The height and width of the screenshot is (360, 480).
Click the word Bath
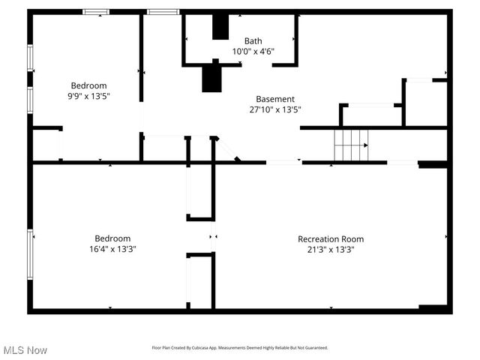(253, 41)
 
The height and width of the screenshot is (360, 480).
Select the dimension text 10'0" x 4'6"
(253, 52)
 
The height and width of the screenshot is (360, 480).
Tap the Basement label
(275, 99)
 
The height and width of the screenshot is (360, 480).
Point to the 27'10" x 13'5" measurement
(275, 109)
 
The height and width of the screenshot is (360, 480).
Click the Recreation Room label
(331, 239)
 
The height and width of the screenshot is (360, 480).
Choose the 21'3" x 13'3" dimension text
(331, 250)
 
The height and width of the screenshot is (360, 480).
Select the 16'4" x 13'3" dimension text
(112, 249)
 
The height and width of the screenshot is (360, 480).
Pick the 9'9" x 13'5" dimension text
(88, 96)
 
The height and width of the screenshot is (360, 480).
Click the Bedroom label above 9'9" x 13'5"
(88, 85)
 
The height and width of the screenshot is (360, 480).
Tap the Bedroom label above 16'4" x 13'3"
(112, 238)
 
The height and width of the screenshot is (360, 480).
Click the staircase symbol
(352, 144)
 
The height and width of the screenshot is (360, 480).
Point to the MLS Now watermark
(25, 350)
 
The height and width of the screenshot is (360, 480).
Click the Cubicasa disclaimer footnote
(239, 348)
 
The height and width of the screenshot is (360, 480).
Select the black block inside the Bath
(220, 27)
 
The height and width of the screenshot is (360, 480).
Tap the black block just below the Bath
(211, 76)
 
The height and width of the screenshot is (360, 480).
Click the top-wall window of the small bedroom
(95, 12)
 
